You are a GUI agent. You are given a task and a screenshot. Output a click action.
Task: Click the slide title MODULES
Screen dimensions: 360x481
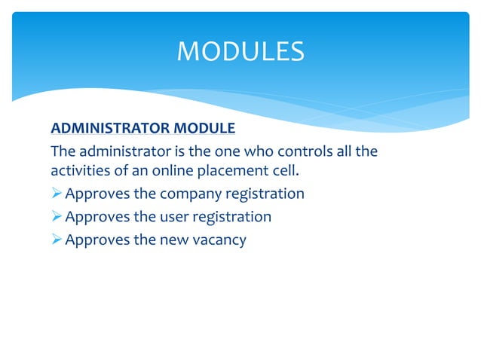pos(240,51)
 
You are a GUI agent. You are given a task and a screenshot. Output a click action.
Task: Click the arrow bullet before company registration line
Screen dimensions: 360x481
pos(57,194)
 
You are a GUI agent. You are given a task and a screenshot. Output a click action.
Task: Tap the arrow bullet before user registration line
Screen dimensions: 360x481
pos(57,217)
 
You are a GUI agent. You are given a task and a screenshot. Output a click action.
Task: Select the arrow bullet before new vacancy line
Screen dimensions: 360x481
pos(57,241)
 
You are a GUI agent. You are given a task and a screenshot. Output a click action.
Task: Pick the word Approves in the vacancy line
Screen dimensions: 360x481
pos(97,241)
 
